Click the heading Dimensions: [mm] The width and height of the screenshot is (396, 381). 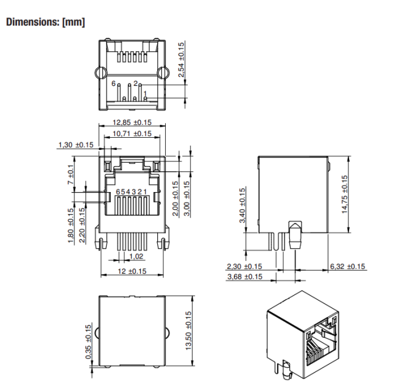[x=45, y=23]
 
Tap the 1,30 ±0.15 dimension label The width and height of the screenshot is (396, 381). [x=76, y=144]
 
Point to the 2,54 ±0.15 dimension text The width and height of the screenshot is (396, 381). [x=182, y=59]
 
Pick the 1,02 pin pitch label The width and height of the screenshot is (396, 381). [x=137, y=257]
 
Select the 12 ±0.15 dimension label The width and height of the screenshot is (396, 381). [x=132, y=271]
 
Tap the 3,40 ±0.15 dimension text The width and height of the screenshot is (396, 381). [x=242, y=205]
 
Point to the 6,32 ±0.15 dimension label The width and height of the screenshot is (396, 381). [x=348, y=266]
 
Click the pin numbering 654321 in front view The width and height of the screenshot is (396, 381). [x=132, y=192]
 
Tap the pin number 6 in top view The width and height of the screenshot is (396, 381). [x=113, y=83]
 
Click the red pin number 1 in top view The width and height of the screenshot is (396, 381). [x=145, y=93]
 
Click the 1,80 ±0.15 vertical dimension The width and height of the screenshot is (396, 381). [x=71, y=226]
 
